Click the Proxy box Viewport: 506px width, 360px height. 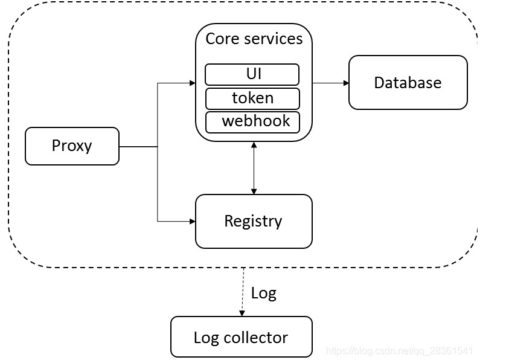72,146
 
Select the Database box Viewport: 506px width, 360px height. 408,83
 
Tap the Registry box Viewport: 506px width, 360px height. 254,221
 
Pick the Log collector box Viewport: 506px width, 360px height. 241,337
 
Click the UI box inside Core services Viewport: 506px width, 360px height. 252,75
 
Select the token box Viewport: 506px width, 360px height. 252,98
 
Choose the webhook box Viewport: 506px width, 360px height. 252,121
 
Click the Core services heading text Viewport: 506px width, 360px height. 254,39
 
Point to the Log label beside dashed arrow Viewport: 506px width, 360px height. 263,294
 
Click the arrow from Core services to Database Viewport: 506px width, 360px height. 330,83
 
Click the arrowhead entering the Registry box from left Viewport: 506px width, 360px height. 192,221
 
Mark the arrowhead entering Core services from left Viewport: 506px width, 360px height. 192,83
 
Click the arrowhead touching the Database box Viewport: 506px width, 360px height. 345,83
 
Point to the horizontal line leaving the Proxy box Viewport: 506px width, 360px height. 138,146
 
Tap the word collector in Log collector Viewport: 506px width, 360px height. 255,337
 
